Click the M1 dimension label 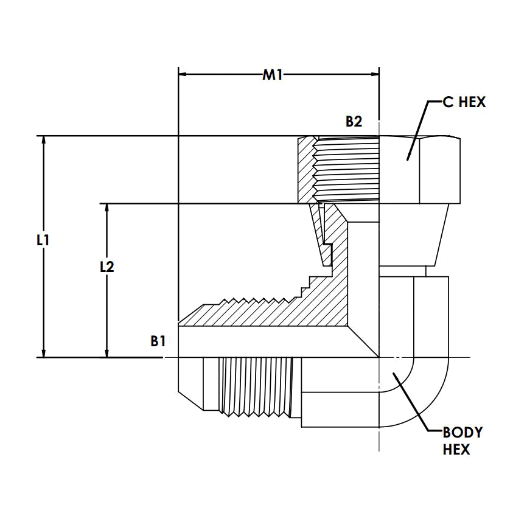[272, 75]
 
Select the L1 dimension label [42, 240]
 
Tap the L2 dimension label [107, 267]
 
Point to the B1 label [158, 341]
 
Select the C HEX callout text [464, 102]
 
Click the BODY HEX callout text [462, 441]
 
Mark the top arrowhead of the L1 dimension [43, 140]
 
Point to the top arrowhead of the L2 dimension [107, 208]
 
